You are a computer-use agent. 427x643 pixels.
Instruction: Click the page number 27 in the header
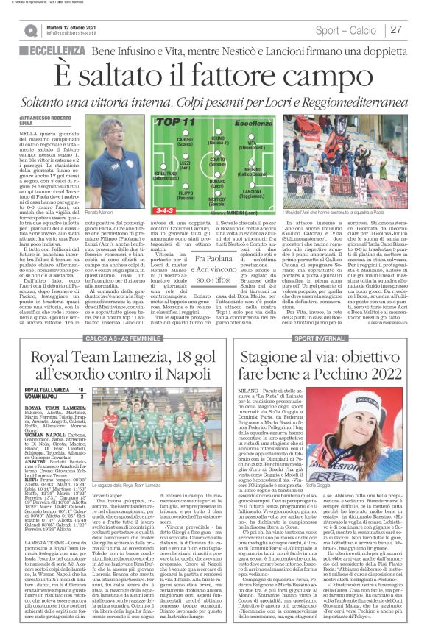coord(396,30)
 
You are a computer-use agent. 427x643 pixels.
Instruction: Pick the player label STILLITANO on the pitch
coord(166,176)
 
